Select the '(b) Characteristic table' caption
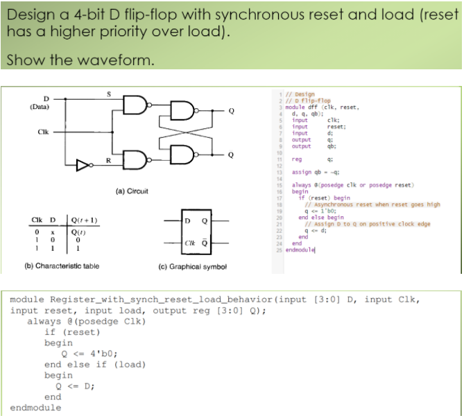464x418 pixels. coord(62,265)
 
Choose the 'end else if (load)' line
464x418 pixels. coord(94,364)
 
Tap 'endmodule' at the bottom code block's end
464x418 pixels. coord(35,408)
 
